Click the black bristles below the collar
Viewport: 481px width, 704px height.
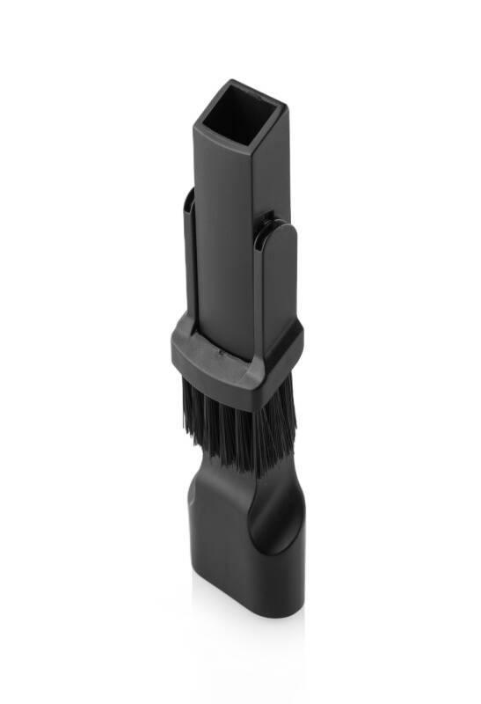point(237,422)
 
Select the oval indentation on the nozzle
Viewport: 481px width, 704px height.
point(280,524)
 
